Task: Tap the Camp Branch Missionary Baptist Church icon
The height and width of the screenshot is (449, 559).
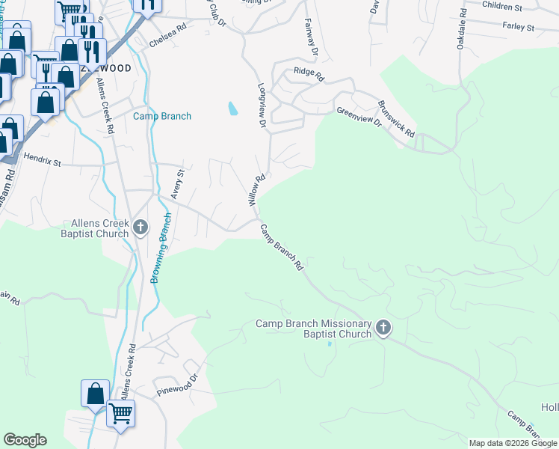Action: pyautogui.click(x=383, y=328)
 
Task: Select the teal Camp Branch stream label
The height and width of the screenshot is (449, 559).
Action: pyautogui.click(x=162, y=116)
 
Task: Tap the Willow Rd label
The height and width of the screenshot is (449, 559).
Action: pyautogui.click(x=256, y=191)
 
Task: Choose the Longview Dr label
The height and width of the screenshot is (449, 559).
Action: pyautogui.click(x=262, y=105)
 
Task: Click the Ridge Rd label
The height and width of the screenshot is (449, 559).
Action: pyautogui.click(x=309, y=75)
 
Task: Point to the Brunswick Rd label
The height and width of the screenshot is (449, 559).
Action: pyautogui.click(x=397, y=117)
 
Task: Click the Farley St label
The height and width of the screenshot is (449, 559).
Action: pyautogui.click(x=519, y=28)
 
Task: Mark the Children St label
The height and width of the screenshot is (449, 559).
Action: pyautogui.click(x=501, y=6)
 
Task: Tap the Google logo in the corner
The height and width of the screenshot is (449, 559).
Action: pyautogui.click(x=25, y=440)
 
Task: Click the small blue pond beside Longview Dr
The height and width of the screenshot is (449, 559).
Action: pyautogui.click(x=232, y=109)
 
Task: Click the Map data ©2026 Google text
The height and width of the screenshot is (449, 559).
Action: pyautogui.click(x=513, y=443)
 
